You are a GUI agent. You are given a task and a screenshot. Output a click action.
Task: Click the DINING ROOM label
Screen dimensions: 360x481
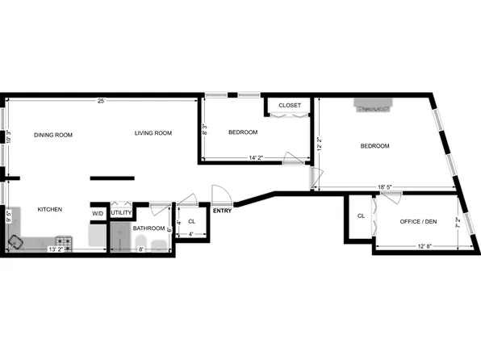(53, 135)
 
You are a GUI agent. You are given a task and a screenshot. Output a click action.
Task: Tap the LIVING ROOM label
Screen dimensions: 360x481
(153, 133)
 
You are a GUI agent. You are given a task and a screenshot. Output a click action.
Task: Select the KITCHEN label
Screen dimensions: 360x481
(50, 210)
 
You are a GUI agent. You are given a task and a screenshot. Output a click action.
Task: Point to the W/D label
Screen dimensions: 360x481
(98, 213)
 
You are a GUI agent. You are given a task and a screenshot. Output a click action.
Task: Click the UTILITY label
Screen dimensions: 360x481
(121, 213)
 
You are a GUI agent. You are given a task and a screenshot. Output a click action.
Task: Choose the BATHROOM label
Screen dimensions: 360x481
(149, 228)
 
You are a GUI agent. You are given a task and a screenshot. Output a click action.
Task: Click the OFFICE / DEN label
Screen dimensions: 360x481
(418, 221)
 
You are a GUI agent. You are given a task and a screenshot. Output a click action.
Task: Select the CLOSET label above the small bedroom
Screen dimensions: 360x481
(289, 106)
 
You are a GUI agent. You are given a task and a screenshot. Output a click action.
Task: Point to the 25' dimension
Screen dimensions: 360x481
(101, 101)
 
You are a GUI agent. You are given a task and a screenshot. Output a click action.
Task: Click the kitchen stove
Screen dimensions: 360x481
(63, 241)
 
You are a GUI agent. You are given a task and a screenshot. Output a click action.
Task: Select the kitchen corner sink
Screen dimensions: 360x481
(16, 241)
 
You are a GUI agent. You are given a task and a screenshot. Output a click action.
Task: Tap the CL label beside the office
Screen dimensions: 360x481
(361, 216)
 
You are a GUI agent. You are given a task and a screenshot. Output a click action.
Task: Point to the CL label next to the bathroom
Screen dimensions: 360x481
(191, 221)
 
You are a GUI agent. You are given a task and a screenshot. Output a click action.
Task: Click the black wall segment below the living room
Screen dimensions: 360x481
(112, 178)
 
